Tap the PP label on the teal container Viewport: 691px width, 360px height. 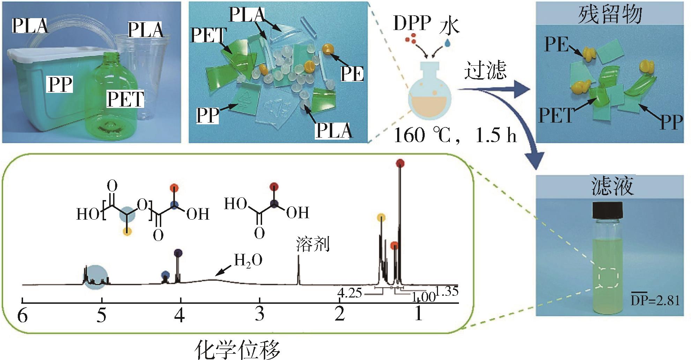tap(60, 84)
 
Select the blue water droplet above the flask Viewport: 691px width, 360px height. tap(448, 43)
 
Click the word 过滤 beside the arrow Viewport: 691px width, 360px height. tap(485, 71)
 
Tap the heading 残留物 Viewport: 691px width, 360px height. tap(610, 15)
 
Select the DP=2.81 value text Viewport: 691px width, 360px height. tap(655, 300)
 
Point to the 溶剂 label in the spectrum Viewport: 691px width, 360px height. tap(312, 245)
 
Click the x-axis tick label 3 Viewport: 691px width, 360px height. tap(259, 314)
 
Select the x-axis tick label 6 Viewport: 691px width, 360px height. tap(22, 316)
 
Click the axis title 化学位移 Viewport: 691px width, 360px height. tap(237, 349)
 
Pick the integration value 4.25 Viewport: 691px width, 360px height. tap(349, 293)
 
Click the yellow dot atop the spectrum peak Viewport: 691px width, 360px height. tap(381, 218)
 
